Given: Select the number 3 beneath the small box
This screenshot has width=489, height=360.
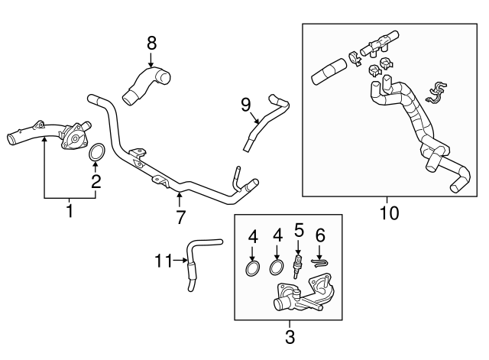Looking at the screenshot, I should click(x=290, y=336).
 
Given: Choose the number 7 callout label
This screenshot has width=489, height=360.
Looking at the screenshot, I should click(x=181, y=216).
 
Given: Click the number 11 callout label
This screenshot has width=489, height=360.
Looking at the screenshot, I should click(x=162, y=261).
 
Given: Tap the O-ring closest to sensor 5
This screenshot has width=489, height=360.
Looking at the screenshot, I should click(x=277, y=268).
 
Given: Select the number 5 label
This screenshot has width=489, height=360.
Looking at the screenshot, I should click(x=299, y=229).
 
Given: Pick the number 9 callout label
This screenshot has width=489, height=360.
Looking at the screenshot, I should click(x=245, y=102).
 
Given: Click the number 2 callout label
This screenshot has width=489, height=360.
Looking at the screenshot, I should click(x=96, y=181).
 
